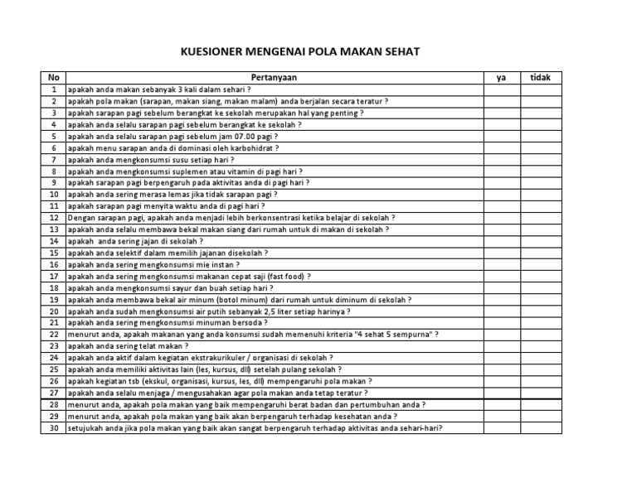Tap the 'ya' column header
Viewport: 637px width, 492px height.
(x=501, y=77)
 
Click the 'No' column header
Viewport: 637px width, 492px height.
(x=53, y=77)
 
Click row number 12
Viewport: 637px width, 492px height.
(x=53, y=218)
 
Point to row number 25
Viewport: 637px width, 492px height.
(x=53, y=369)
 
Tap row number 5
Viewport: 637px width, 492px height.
(x=53, y=136)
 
